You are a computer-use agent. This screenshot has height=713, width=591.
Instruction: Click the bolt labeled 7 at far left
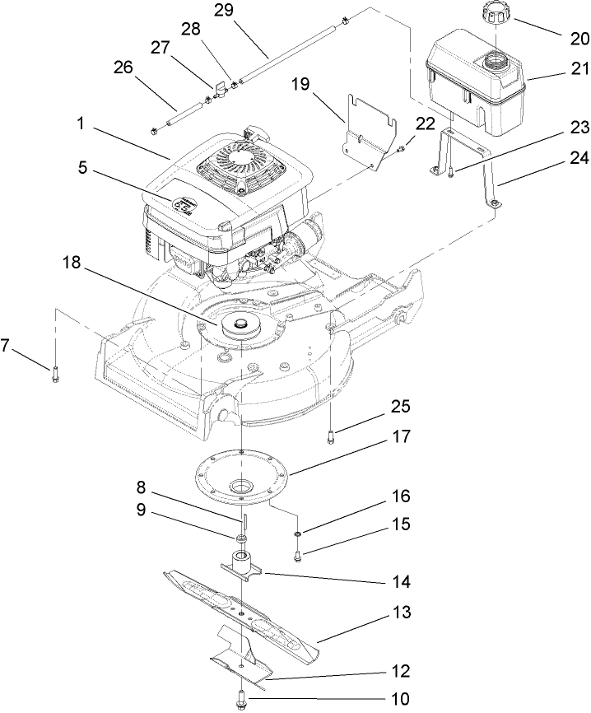[x=54, y=375]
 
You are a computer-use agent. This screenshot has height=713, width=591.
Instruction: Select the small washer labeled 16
[x=296, y=536]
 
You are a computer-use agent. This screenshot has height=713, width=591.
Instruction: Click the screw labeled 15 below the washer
[x=297, y=556]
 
